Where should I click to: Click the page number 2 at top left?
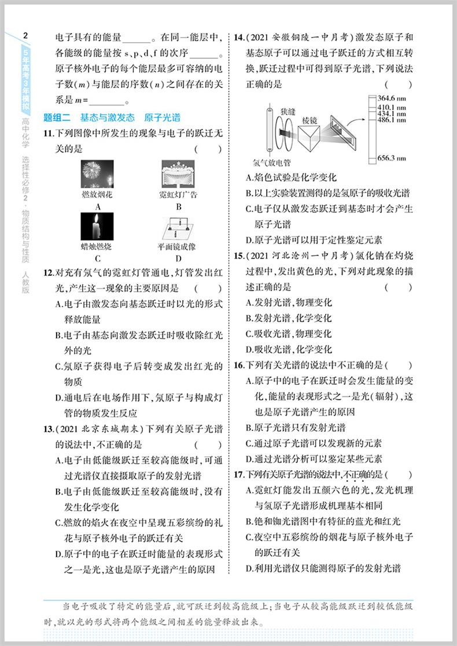[x=25, y=36]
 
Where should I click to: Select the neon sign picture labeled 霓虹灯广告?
[x=178, y=174]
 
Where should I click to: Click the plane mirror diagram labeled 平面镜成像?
[x=178, y=228]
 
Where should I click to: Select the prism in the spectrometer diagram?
[x=313, y=137]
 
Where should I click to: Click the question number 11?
[x=49, y=134]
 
